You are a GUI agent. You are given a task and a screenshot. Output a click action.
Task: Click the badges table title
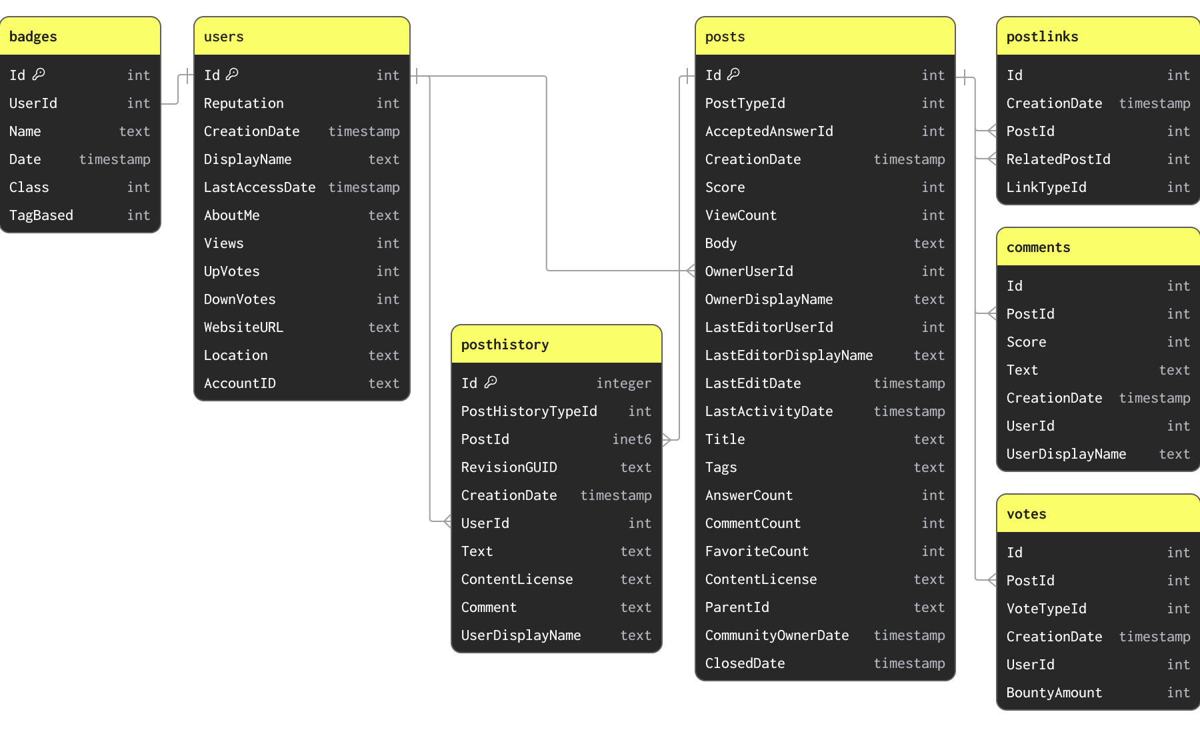[x=33, y=37]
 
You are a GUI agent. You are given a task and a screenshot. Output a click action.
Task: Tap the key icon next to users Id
[x=232, y=74]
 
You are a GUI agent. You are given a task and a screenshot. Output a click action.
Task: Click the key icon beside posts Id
[x=733, y=74]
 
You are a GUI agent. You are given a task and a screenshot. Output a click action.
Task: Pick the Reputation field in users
[x=243, y=103]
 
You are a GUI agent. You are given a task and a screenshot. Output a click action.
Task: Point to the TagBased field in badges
[x=41, y=215]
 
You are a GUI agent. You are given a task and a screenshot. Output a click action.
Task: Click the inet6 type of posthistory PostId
[x=631, y=439]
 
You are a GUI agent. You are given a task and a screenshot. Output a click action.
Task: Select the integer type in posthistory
[x=623, y=383]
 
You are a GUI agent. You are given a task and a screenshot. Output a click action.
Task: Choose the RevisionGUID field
[x=509, y=467]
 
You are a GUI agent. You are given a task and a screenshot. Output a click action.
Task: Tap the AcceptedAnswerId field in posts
[x=769, y=131]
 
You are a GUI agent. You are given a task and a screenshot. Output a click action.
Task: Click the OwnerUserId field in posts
[x=749, y=271]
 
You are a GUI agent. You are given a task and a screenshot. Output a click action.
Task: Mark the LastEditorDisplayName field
[x=789, y=355]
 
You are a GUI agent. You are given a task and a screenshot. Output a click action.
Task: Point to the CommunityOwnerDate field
[x=777, y=635]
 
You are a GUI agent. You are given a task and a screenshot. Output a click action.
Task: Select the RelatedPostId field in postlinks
[x=1058, y=159]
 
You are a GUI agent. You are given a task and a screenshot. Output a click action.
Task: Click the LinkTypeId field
[x=1046, y=187]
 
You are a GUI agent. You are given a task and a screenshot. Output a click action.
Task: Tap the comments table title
[x=1038, y=247]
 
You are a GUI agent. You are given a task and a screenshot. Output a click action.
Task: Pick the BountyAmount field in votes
[x=1054, y=693]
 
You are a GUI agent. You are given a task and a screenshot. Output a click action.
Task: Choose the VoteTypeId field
[x=1046, y=609]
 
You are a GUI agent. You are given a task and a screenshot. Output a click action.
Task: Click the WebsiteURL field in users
[x=243, y=327]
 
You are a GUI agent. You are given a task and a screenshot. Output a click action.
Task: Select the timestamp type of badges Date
[x=115, y=159]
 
